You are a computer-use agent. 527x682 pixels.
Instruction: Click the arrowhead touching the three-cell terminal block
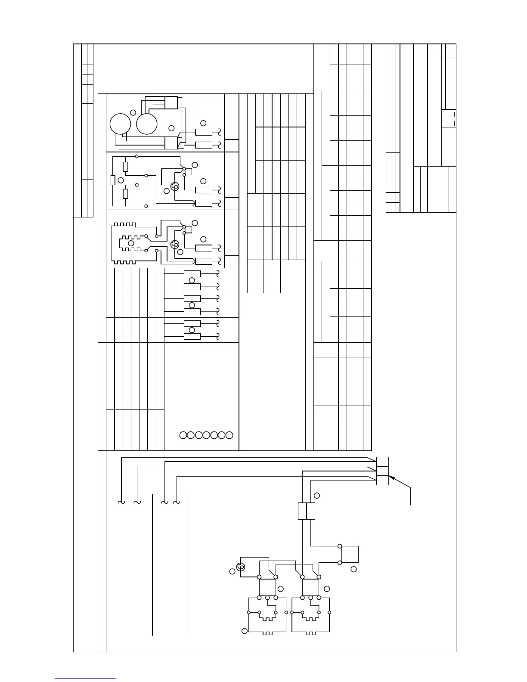pos(391,477)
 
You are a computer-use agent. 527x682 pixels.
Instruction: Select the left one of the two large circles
pos(120,124)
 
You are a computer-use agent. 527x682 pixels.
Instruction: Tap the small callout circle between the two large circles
pos(133,112)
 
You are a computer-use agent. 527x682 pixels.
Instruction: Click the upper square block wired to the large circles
pos(171,102)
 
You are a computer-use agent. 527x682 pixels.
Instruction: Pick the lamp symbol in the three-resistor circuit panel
pos(175,187)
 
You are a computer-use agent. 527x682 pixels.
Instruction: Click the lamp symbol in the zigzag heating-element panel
pos(175,245)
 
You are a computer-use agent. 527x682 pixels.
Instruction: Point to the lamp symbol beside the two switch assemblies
pos(241,567)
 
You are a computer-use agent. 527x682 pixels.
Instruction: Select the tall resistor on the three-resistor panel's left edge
pos(113,180)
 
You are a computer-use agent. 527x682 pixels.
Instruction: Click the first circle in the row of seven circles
pos(183,435)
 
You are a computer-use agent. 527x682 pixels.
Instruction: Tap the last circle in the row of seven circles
pos(229,435)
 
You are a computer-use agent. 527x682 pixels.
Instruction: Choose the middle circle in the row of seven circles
pos(206,435)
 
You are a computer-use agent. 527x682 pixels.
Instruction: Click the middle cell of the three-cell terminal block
pos(382,471)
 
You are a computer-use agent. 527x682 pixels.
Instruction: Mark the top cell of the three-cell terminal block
pos(382,462)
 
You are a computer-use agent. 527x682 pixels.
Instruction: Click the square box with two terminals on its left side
pos(350,555)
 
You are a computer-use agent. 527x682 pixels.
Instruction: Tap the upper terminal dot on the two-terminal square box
pos(340,546)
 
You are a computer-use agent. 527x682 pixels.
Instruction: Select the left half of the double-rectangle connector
pos(302,511)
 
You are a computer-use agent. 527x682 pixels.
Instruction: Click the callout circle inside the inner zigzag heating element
pos(131,243)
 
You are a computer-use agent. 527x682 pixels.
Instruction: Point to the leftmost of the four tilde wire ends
pos(121,502)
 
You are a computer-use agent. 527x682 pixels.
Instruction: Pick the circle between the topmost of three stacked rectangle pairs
pos(192,280)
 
